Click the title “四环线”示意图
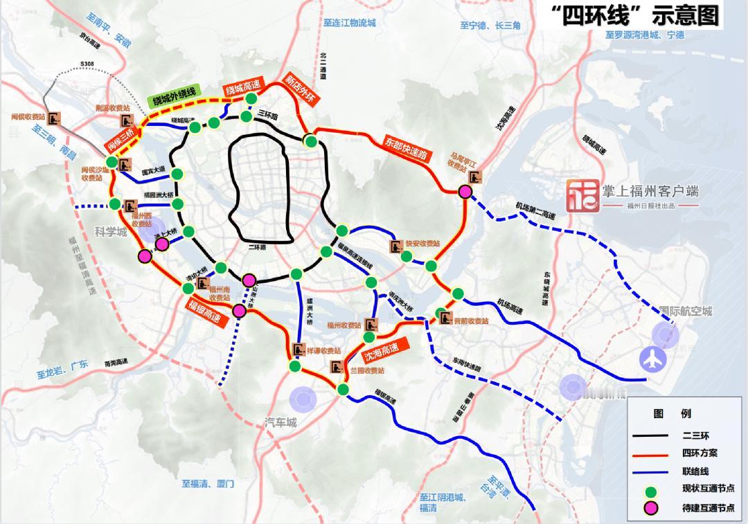pos(634,15)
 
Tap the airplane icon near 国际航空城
pos(653,359)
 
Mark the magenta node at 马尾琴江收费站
pos(465,192)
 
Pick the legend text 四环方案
pos(700,453)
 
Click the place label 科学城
pos(111,233)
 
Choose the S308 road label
pos(87,64)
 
